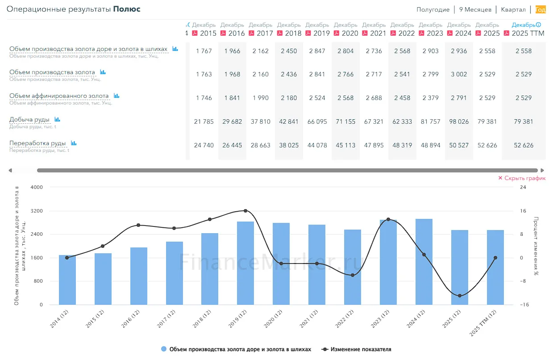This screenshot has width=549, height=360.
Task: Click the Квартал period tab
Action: (x=513, y=9)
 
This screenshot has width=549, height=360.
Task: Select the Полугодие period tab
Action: (x=433, y=9)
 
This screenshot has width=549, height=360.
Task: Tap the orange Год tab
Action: (x=541, y=9)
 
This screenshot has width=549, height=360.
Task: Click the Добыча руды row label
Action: (x=29, y=119)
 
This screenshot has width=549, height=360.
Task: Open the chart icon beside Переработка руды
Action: (x=74, y=143)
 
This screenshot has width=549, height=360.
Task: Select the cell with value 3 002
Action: (x=459, y=74)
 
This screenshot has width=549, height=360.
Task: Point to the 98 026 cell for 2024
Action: (x=459, y=121)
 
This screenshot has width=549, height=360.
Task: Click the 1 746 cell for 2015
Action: (x=204, y=98)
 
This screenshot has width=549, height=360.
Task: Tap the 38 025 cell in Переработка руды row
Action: (x=289, y=145)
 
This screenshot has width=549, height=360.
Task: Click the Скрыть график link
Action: (x=522, y=178)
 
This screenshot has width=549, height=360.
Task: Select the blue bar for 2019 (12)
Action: (x=245, y=263)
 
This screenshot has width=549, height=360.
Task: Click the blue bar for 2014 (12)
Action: (x=67, y=280)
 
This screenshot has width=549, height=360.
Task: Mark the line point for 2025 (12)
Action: (x=460, y=296)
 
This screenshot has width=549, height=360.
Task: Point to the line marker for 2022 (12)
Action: (x=353, y=275)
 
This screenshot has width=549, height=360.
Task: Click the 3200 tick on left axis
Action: (x=37, y=211)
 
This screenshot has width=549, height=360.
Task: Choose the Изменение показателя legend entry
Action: (x=356, y=349)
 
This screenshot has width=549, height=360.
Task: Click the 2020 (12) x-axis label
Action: (x=273, y=318)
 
